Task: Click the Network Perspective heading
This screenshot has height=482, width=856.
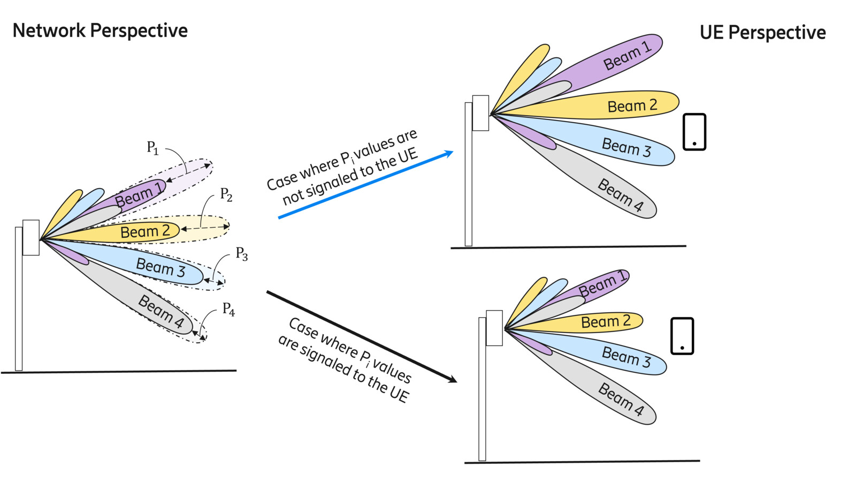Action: click(100, 31)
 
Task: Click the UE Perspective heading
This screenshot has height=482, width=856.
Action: click(762, 33)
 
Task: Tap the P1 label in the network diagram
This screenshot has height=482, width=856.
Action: click(152, 147)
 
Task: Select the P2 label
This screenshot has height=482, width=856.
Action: click(226, 194)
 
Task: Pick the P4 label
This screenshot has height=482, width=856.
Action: click(228, 309)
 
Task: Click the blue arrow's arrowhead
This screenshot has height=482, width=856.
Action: click(448, 154)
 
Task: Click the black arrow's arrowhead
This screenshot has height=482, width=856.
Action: click(452, 379)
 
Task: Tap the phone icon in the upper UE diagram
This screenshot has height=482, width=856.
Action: click(694, 132)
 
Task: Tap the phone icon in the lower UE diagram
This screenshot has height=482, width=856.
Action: click(682, 336)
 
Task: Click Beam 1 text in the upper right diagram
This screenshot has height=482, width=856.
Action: click(627, 56)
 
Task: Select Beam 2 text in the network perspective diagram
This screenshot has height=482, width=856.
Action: click(145, 231)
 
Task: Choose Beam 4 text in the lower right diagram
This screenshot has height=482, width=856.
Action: click(621, 400)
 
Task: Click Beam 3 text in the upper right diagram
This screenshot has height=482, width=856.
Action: click(626, 147)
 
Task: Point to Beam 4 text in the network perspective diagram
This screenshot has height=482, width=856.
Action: click(160, 311)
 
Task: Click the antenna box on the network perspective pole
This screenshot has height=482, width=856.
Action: click(31, 237)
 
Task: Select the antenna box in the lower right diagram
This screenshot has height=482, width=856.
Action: click(494, 328)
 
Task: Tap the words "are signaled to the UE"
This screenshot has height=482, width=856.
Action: click(343, 370)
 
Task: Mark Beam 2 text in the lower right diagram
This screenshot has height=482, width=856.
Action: click(606, 321)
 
